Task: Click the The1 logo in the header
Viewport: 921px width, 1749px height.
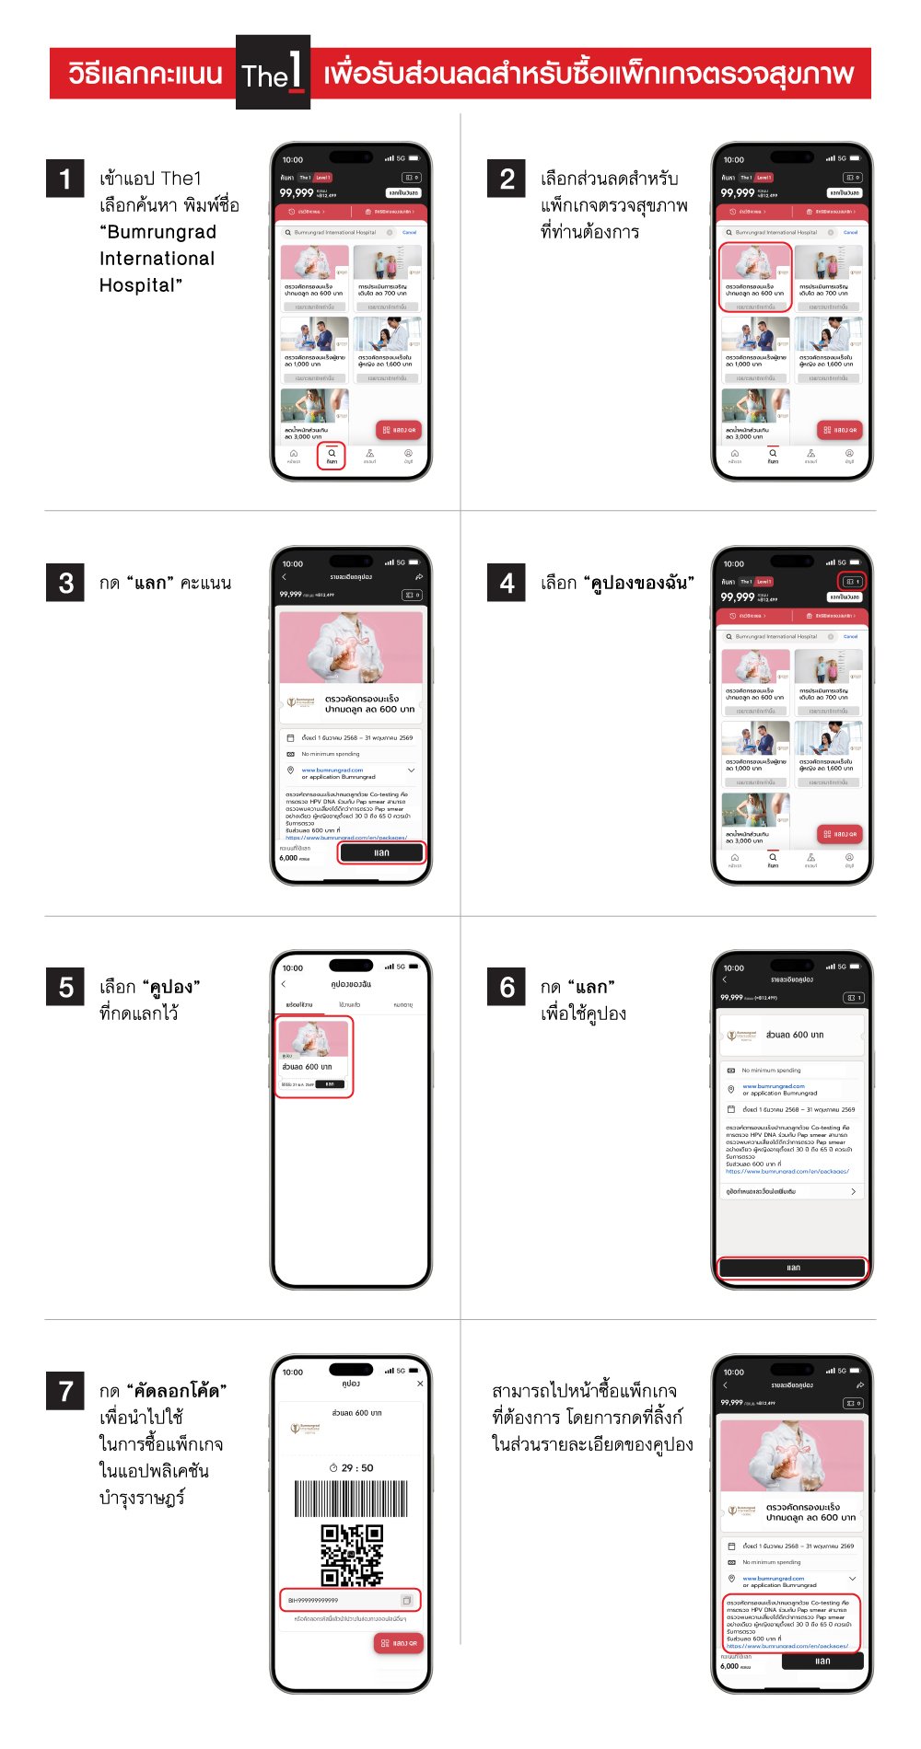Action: click(273, 73)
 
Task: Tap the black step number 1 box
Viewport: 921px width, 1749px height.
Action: click(65, 179)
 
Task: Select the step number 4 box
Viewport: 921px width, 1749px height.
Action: click(507, 583)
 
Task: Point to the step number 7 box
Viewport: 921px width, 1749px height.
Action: click(65, 1390)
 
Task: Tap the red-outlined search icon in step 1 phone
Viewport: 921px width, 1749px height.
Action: click(332, 456)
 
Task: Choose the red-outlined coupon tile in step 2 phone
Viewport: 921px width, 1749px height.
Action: click(755, 278)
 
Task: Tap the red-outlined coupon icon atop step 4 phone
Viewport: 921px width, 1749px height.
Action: click(852, 582)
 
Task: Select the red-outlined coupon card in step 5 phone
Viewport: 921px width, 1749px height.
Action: click(314, 1056)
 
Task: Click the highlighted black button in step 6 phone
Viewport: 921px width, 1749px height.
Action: click(793, 1268)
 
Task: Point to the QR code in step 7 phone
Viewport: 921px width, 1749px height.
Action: click(351, 1555)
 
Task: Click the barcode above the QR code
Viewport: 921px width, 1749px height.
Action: click(351, 1499)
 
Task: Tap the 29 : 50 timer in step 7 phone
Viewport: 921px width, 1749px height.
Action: click(352, 1468)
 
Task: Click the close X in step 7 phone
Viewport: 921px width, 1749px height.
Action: click(420, 1384)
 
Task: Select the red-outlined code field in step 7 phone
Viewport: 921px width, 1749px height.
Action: click(350, 1600)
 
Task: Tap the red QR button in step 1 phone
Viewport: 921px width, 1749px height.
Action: click(400, 430)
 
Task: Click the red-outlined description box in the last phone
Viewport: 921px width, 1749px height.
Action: click(791, 1624)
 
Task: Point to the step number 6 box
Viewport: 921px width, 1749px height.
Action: click(507, 987)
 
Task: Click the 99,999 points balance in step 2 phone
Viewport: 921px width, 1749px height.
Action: click(738, 193)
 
